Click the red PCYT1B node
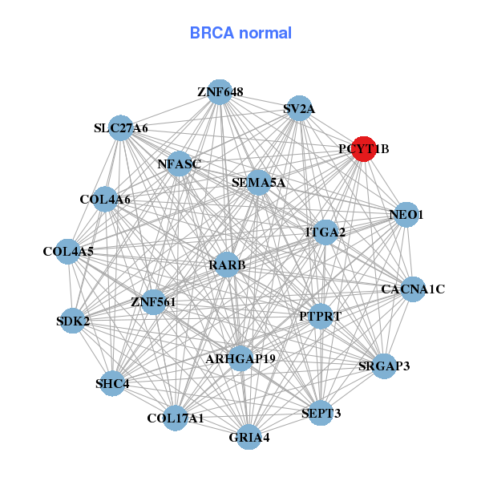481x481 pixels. coord(364,148)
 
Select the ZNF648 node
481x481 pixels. coord(220,92)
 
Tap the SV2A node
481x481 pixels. coord(299,108)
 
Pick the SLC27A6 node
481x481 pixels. coord(120,127)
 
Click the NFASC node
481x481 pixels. coord(179,164)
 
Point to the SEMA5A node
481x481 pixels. coord(258,182)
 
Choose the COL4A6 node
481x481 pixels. coord(105,199)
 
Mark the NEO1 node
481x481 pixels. coord(406,215)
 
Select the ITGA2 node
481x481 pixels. coord(325,232)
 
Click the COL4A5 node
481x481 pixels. coord(68,252)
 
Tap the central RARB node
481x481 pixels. coord(227,265)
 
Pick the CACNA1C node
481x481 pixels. coord(413,289)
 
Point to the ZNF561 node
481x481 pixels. coord(153,301)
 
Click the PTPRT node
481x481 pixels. coord(320,316)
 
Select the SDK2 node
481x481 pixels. coord(73,321)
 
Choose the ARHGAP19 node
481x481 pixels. coord(240,358)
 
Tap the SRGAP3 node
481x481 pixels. coord(384,366)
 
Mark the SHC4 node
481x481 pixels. coord(112,383)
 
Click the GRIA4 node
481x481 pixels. coord(249,437)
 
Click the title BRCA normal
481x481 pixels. coord(240,33)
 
